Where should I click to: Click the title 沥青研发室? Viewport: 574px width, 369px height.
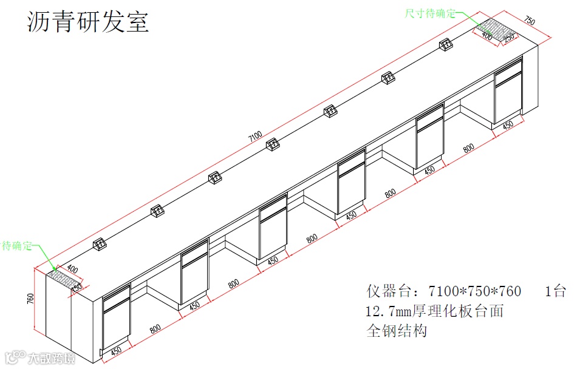click(x=89, y=22)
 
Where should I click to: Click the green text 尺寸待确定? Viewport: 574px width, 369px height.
click(x=431, y=13)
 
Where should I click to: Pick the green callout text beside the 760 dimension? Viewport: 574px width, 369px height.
click(x=16, y=245)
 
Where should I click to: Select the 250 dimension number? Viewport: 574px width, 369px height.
click(x=508, y=37)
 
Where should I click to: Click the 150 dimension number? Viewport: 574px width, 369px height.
click(x=77, y=288)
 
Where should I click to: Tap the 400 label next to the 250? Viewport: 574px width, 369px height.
click(x=487, y=35)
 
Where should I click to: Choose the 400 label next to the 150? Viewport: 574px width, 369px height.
click(x=72, y=269)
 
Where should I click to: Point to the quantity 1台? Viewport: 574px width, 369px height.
click(x=555, y=291)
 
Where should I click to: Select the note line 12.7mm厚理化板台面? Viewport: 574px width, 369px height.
click(x=434, y=311)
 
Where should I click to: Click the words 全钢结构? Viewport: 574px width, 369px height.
click(x=397, y=331)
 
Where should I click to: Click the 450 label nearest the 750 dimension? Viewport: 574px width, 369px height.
click(x=508, y=124)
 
